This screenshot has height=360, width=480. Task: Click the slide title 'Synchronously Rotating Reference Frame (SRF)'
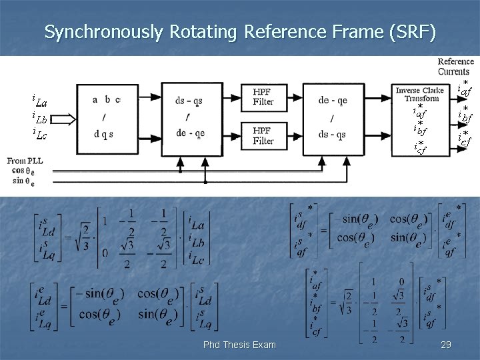pyautogui.click(x=240, y=31)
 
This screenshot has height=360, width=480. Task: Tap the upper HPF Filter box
pyautogui.click(x=263, y=97)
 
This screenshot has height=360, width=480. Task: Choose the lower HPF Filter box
pyautogui.click(x=263, y=136)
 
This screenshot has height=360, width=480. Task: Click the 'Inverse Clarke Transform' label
pyautogui.click(x=417, y=94)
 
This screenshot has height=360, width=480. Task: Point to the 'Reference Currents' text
pyautogui.click(x=455, y=67)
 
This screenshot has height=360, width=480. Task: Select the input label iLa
pyautogui.click(x=39, y=102)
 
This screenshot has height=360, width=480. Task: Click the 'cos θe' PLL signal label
pyautogui.click(x=23, y=171)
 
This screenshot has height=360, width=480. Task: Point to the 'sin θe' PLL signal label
pyautogui.click(x=23, y=181)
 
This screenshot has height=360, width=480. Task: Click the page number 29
pyautogui.click(x=446, y=345)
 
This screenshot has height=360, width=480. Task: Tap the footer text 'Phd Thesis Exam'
pyautogui.click(x=239, y=345)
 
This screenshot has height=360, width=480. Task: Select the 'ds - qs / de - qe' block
pyautogui.click(x=190, y=117)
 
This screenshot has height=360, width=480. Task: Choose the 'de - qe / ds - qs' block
pyautogui.click(x=332, y=117)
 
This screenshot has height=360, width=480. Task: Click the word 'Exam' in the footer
pyautogui.click(x=263, y=345)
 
